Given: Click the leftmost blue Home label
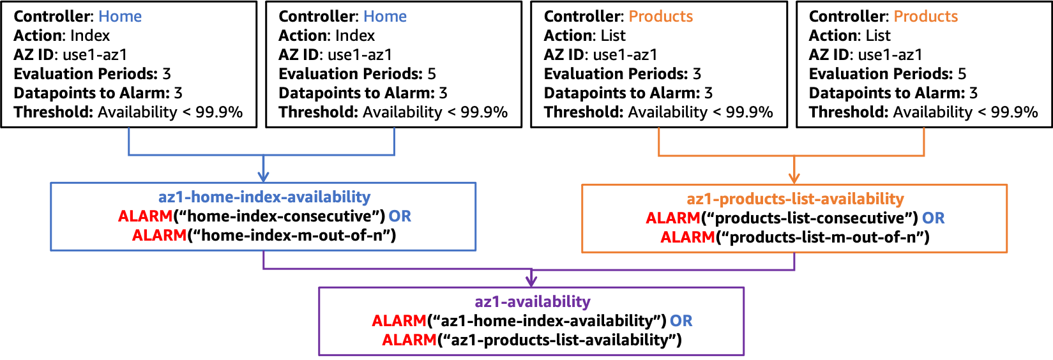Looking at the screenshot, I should [120, 17].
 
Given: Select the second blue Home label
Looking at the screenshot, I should [385, 17].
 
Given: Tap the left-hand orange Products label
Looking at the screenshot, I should [661, 17].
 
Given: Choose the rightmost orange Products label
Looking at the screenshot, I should [925, 17].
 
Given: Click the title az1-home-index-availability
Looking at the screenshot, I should [264, 197].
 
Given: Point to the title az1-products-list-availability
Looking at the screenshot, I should [795, 199].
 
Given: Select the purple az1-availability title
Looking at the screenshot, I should [533, 302].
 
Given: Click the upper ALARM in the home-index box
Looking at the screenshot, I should [145, 216].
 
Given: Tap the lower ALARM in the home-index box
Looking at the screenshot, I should [159, 236].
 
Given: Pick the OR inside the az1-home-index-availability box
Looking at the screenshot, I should [400, 216].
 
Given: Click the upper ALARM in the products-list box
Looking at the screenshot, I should [673, 218].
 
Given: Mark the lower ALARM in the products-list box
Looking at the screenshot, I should [688, 237].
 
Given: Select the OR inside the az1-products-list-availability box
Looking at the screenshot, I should [933, 218].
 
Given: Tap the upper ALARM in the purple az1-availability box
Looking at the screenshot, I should [399, 321].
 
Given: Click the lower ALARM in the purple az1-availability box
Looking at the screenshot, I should [409, 340].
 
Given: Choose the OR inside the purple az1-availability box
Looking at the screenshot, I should [681, 321].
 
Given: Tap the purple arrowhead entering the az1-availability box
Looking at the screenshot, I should [531, 281].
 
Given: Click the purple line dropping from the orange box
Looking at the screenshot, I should [794, 262].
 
